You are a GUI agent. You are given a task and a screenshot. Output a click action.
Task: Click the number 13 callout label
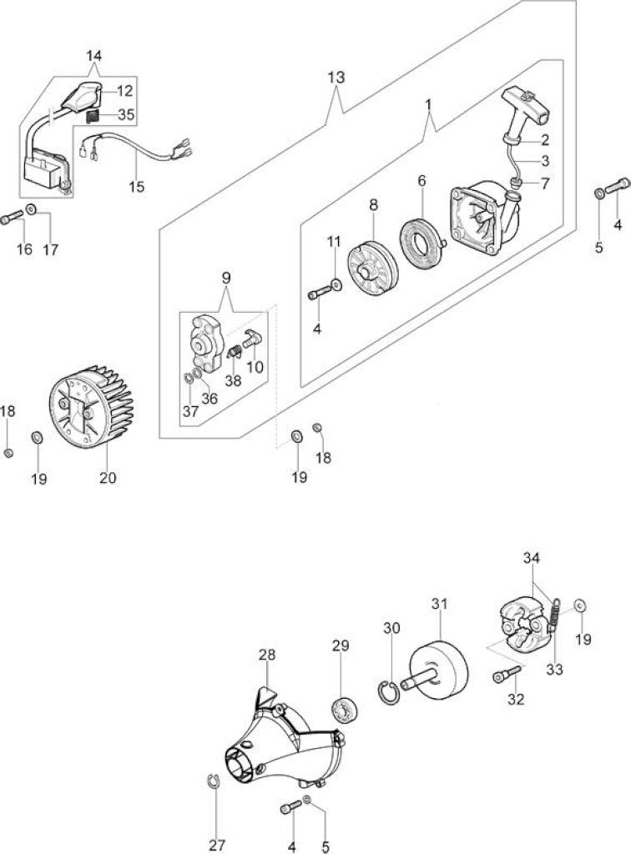336,78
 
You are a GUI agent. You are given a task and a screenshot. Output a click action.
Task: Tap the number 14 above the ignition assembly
93,56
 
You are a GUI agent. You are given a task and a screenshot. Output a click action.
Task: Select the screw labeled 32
507,675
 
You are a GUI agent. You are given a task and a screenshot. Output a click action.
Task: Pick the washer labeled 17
31,208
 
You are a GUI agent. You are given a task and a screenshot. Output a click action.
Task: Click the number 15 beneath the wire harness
137,186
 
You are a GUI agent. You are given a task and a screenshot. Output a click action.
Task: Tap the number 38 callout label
233,380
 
